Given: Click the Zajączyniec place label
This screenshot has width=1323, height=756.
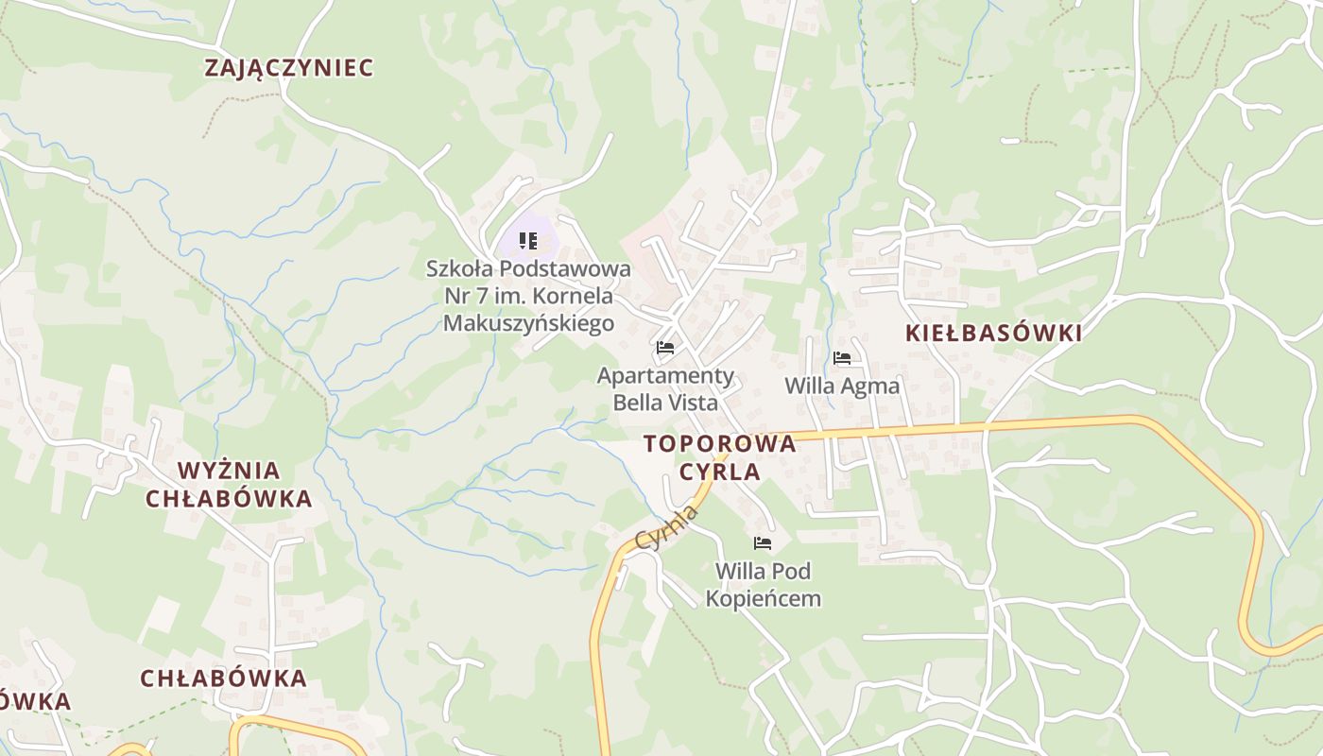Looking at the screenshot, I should (x=289, y=68).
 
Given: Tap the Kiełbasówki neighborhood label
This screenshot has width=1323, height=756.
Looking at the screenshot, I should (x=993, y=333).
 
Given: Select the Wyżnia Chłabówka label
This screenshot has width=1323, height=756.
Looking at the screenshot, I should (x=229, y=484).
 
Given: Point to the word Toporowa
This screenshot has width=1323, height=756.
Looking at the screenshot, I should (x=720, y=444).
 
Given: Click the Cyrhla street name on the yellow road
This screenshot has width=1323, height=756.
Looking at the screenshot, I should (x=666, y=528).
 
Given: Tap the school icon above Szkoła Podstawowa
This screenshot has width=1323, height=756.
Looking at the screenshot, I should (x=528, y=241).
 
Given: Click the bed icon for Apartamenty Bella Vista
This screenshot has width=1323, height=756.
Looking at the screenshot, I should (x=665, y=348).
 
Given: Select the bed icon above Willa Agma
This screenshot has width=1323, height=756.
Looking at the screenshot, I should (x=842, y=358).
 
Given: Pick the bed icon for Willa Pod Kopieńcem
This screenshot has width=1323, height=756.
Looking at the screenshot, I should (x=763, y=543).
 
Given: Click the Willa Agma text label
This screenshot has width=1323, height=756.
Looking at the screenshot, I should (x=842, y=386).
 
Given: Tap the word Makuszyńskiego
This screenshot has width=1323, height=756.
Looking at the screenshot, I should (x=528, y=323).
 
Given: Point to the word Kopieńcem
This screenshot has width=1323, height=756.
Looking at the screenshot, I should (x=763, y=598).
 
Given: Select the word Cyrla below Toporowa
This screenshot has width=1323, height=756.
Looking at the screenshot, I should (x=720, y=472).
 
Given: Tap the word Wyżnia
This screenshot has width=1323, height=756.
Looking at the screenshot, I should (x=229, y=471).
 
